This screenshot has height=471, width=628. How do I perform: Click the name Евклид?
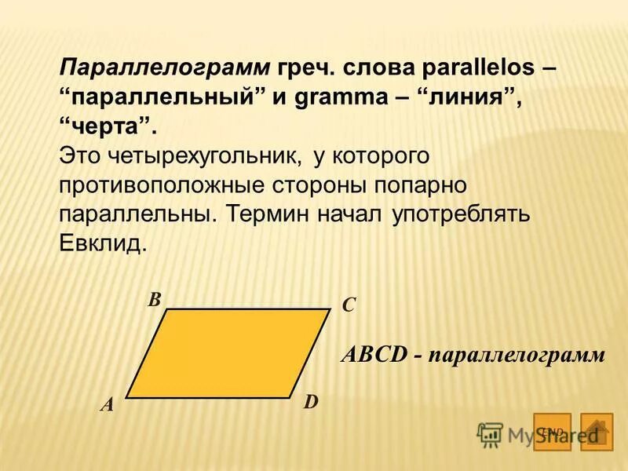point(102,244)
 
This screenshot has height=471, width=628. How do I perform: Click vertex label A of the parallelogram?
point(107,406)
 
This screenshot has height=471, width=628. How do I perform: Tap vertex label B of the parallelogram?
point(155,299)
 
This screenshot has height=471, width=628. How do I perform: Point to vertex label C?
point(349,305)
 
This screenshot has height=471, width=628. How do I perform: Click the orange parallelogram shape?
point(228,353)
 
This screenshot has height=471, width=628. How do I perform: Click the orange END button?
point(552,431)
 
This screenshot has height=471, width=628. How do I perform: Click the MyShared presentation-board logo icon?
point(491,434)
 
